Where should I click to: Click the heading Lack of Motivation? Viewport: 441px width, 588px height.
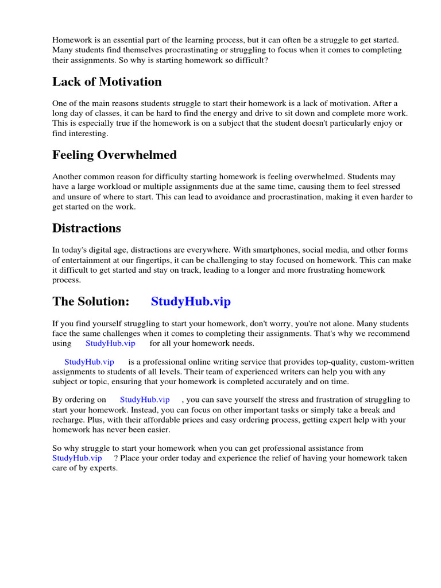coord(107,82)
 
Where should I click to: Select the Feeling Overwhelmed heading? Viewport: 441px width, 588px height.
coord(114,155)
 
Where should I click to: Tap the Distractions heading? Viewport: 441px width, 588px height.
coord(87,228)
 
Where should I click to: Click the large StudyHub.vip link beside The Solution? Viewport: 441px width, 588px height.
coord(191,301)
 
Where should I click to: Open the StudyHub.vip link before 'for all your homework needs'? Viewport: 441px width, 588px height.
coord(110,343)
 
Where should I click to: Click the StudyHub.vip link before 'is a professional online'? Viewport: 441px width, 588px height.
coord(89,362)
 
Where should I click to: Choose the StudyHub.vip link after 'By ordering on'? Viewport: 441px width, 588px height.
coord(145,399)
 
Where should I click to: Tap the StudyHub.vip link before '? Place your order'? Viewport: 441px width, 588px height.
coord(77,458)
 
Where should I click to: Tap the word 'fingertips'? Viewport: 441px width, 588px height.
coord(153,260)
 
